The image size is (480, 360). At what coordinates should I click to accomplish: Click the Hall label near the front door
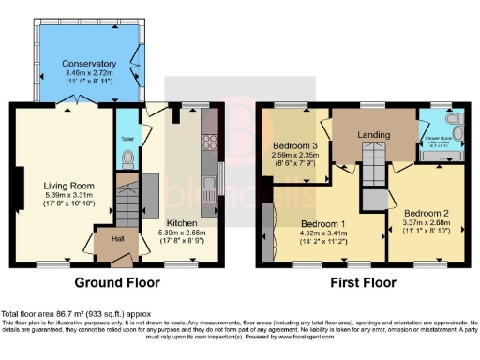pos(117,239)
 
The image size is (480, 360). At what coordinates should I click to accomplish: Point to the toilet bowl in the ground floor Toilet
pos(127,159)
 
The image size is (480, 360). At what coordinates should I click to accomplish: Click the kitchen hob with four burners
pos(210,143)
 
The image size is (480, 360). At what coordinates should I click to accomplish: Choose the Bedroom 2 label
pos(426,213)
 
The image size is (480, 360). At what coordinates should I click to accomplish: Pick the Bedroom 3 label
pos(294,147)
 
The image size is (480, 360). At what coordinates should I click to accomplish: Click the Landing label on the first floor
pos(373,135)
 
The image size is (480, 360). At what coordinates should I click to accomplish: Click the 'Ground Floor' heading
pos(115,281)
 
